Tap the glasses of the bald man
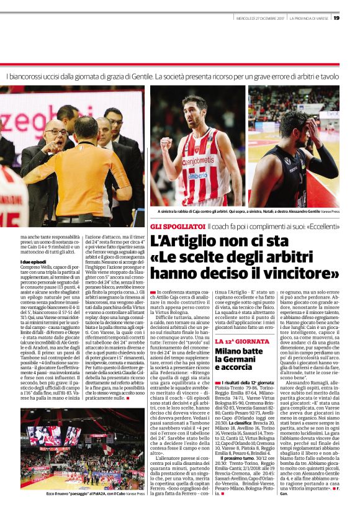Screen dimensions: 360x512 pyautogui.click(x=56, y=133)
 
